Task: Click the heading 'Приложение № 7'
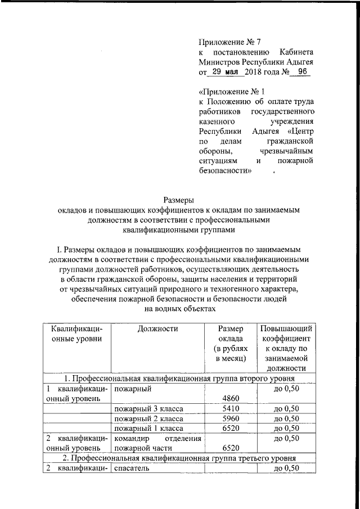tap(230, 42)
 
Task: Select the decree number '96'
tap(301, 72)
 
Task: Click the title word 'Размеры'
tap(179, 199)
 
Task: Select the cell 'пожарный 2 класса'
tap(148, 419)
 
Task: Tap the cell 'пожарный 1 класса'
tap(148, 429)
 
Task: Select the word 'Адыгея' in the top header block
tap(299, 62)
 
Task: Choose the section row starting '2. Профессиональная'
tap(179, 458)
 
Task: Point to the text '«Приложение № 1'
tap(231, 91)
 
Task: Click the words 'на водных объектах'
tap(180, 309)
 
